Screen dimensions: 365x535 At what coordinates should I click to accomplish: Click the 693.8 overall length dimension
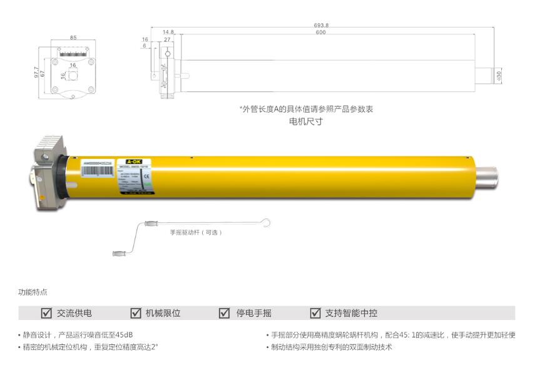pyautogui.click(x=321, y=25)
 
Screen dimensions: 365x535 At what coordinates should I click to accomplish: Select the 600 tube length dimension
pyautogui.click(x=320, y=32)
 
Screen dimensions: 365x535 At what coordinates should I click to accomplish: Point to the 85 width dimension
pyautogui.click(x=73, y=38)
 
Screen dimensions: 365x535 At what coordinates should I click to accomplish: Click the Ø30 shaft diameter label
pyautogui.click(x=499, y=75)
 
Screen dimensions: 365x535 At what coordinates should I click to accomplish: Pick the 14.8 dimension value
pyautogui.click(x=168, y=32)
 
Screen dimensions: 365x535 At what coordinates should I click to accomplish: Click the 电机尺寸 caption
pyautogui.click(x=306, y=121)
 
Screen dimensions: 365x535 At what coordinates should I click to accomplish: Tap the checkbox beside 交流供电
pyautogui.click(x=46, y=313)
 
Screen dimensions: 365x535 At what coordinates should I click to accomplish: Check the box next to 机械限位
pyautogui.click(x=136, y=313)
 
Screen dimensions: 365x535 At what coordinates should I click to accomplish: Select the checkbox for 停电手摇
pyautogui.click(x=225, y=313)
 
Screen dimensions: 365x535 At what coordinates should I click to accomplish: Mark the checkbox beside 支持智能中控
pyautogui.click(x=315, y=313)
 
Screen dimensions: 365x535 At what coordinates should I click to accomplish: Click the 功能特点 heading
pyautogui.click(x=33, y=292)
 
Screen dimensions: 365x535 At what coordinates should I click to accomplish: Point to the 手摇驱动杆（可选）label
pyautogui.click(x=196, y=232)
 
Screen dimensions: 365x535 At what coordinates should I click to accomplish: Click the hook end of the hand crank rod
pyautogui.click(x=267, y=222)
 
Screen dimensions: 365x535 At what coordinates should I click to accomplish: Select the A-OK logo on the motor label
pyautogui.click(x=135, y=161)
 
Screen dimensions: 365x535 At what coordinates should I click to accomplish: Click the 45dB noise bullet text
pyautogui.click(x=78, y=335)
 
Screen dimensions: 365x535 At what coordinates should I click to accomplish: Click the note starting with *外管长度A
pyautogui.click(x=306, y=109)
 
